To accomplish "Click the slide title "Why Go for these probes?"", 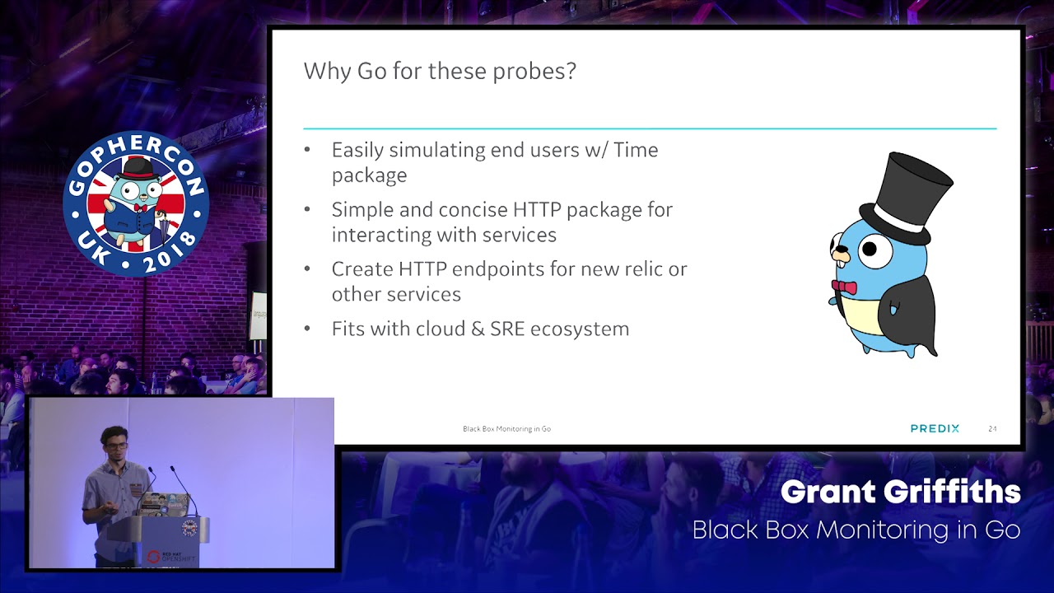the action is [440, 72].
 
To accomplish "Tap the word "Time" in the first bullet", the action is [636, 150].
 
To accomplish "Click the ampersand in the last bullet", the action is [478, 329].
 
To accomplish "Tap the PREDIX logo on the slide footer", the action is [935, 428].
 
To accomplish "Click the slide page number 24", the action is [992, 429].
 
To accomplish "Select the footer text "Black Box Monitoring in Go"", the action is [506, 429].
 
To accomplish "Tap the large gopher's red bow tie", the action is [844, 287].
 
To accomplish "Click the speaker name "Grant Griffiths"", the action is [901, 493].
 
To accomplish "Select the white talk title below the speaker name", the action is [856, 530].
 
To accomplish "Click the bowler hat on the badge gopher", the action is [138, 169].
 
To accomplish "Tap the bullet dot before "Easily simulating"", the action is [307, 150].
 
